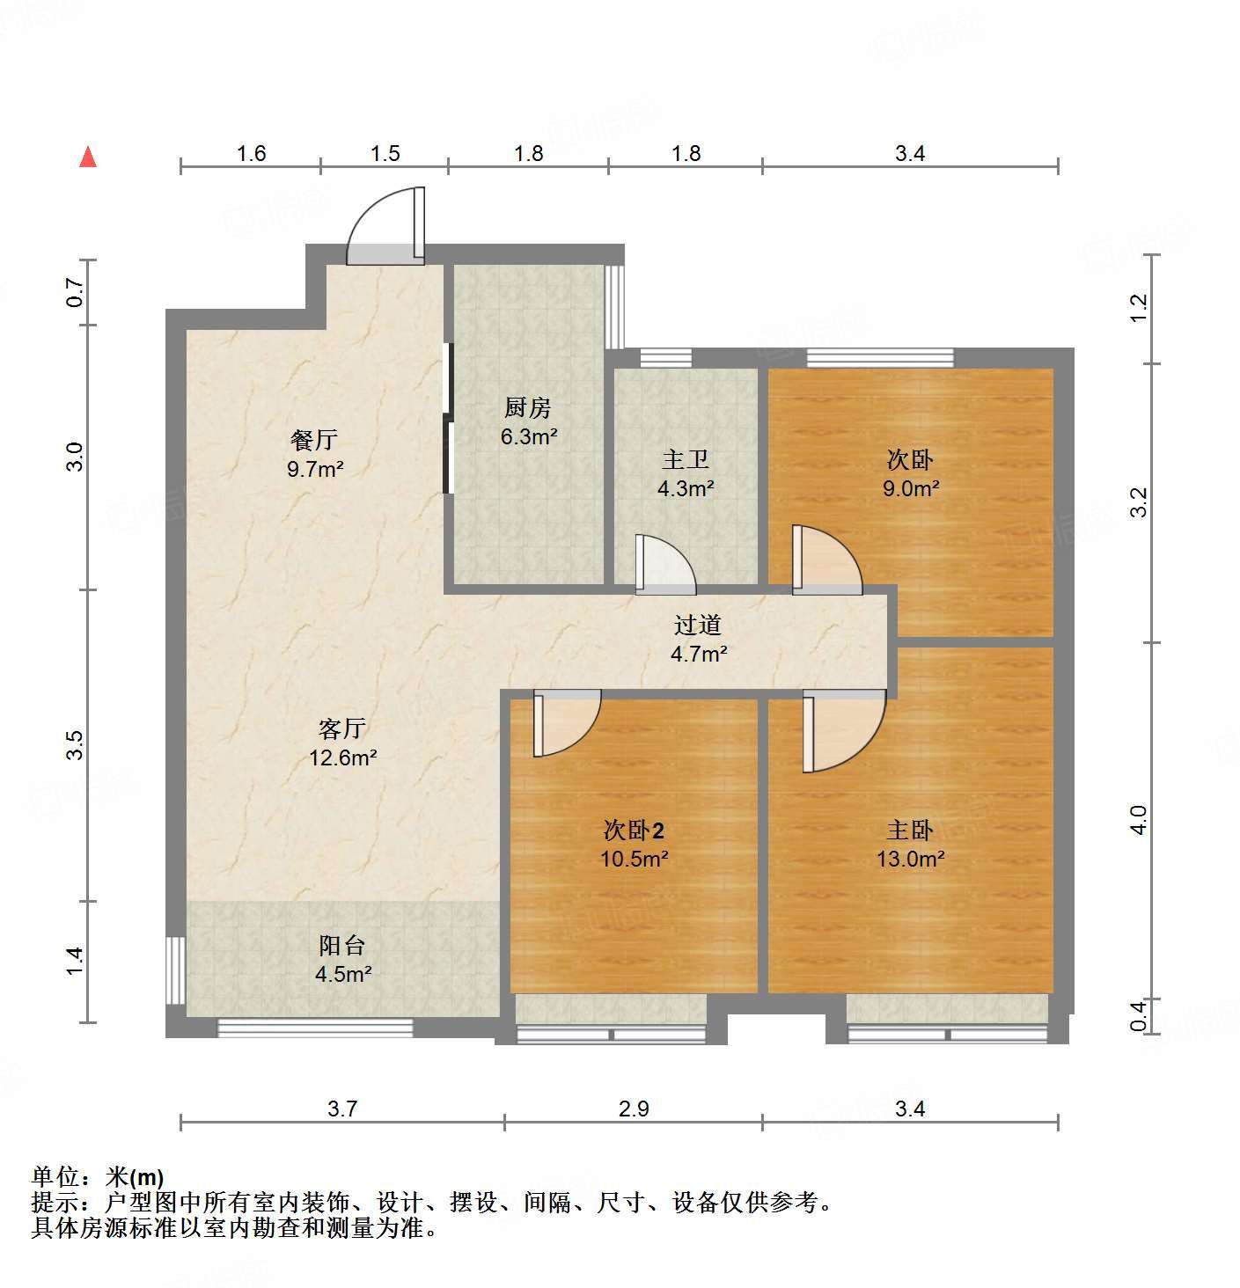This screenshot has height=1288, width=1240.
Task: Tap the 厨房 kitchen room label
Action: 528,407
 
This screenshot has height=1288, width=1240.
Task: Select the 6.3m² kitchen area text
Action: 529,436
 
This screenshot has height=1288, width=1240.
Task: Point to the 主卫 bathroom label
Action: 686,459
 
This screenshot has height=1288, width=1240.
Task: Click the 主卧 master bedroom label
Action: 910,830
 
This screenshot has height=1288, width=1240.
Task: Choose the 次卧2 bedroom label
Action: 634,830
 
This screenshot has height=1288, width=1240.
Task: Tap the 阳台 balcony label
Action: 341,946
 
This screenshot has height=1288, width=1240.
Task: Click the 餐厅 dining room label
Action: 314,439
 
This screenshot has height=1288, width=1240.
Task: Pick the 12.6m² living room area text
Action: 343,757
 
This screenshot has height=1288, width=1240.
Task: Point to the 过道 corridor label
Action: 698,625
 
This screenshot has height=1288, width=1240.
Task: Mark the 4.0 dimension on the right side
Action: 1138,820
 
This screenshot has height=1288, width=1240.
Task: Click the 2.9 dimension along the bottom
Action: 634,1109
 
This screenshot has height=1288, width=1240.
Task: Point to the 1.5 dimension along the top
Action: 385,154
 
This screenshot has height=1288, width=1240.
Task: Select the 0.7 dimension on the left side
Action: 75,292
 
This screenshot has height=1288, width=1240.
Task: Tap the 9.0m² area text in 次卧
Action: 912,488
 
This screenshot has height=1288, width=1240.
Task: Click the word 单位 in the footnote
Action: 55,1176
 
